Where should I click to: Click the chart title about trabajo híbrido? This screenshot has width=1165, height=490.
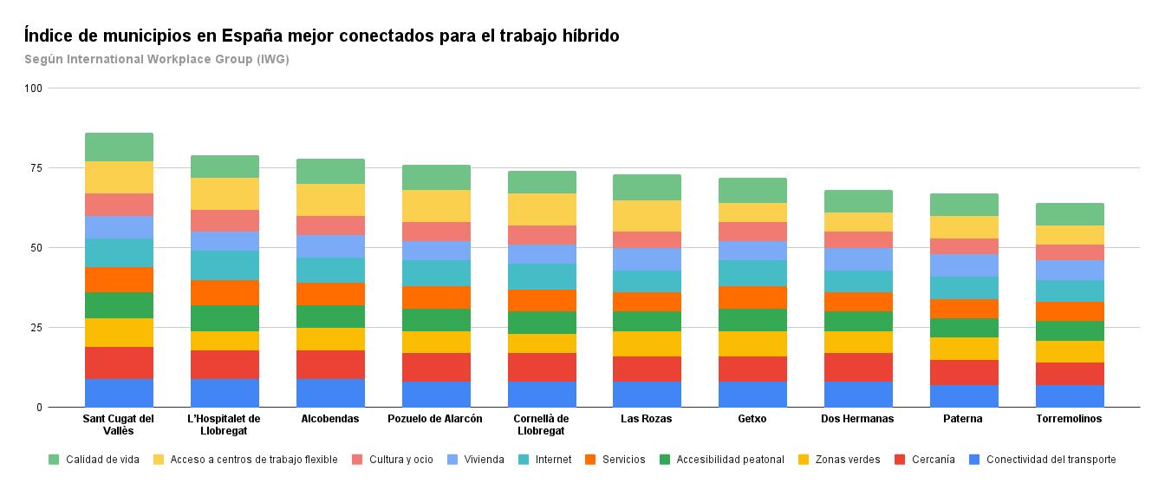pos(322,36)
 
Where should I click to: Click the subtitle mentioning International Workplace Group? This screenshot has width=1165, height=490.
pos(157,60)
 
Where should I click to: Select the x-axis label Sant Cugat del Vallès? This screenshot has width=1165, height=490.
pos(119,424)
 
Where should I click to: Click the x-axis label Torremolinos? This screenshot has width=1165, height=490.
pos(1069,419)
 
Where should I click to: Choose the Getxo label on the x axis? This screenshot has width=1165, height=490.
pos(752,419)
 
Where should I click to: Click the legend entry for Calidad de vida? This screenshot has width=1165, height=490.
pos(102,460)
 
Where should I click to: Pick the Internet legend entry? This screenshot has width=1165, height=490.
pos(551,460)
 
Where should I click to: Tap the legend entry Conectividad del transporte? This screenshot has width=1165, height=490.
pos(1051,460)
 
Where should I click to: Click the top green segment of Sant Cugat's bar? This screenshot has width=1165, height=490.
pos(119,147)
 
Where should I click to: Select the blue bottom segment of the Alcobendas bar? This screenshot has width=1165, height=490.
pos(330,393)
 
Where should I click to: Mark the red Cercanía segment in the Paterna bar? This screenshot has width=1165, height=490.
pos(963,372)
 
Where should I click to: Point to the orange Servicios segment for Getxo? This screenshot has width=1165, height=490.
pos(752,297)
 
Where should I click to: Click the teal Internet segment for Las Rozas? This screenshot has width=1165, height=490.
pos(646,281)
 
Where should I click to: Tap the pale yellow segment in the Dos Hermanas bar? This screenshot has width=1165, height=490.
pos(857,222)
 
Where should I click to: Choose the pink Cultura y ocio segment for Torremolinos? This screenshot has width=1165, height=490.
pos(1069,252)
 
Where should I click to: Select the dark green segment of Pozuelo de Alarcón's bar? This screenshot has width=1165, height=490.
pos(436,320)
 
